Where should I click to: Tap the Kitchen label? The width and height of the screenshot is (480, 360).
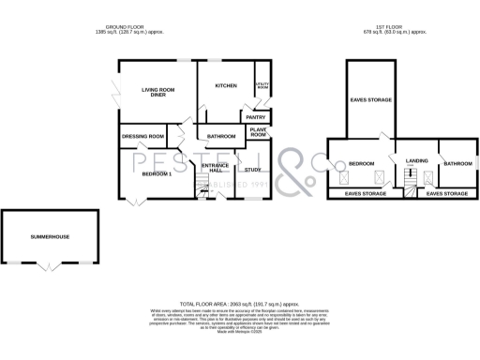pyautogui.click(x=226, y=85)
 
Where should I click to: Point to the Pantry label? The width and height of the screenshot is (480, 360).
pyautogui.click(x=256, y=117)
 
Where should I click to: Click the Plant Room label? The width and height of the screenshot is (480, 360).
pyautogui.click(x=259, y=133)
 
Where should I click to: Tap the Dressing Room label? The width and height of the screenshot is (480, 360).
pyautogui.click(x=143, y=137)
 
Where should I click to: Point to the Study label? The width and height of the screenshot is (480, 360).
pyautogui.click(x=252, y=170)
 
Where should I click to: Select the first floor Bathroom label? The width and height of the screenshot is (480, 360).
pyautogui.click(x=457, y=164)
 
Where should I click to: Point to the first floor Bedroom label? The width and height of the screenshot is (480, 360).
pyautogui.click(x=361, y=164)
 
